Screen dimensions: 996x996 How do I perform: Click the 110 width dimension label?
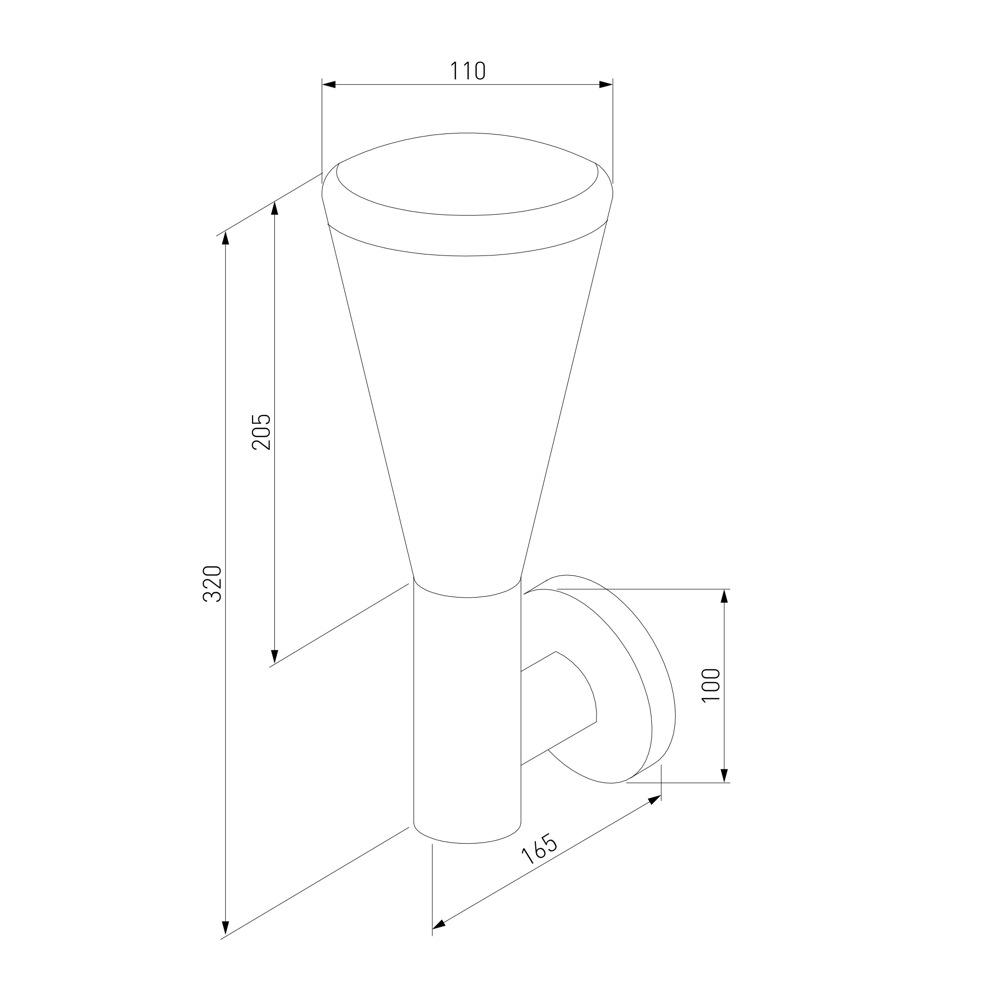(468, 71)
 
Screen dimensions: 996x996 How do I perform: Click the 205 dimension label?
(261, 432)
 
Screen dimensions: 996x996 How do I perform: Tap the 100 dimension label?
(711, 685)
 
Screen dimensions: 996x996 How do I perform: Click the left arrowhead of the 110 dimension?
(329, 85)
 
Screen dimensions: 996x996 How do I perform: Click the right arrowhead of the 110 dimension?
(606, 85)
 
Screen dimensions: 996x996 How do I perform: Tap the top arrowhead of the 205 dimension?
(274, 208)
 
